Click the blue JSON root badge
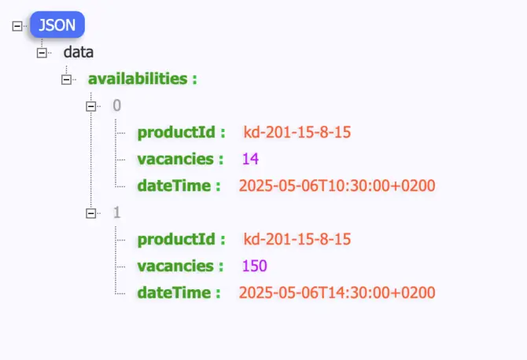pyautogui.click(x=57, y=25)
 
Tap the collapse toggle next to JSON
pyautogui.click(x=17, y=26)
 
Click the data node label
pyautogui.click(x=79, y=53)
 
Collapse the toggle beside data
pyautogui.click(x=42, y=53)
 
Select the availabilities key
pyautogui.click(x=142, y=79)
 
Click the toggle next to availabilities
pyautogui.click(x=67, y=79)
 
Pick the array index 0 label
pyautogui.click(x=117, y=105)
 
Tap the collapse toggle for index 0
pyautogui.click(x=91, y=105)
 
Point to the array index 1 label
pyautogui.click(x=117, y=212)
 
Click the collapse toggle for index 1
pyautogui.click(x=91, y=212)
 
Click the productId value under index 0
pyautogui.click(x=297, y=132)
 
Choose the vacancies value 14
pyautogui.click(x=251, y=159)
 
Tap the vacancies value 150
pyautogui.click(x=254, y=266)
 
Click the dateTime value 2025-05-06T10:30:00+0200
pyautogui.click(x=337, y=186)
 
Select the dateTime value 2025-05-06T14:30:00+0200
pyautogui.click(x=337, y=292)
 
